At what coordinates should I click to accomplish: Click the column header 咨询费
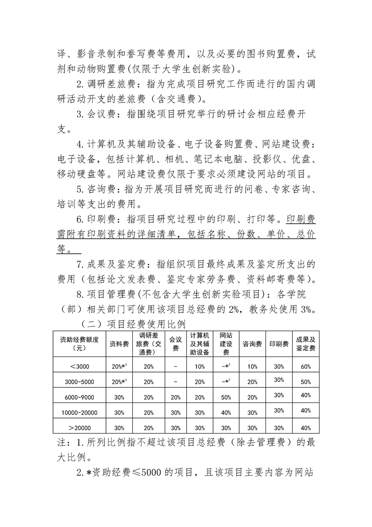coord(252,344)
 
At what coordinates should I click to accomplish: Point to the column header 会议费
coord(175,344)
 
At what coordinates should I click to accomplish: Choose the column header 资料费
coord(119,344)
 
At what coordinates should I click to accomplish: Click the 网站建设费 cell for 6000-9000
coord(226,397)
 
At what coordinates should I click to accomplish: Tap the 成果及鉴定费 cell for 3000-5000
coord(306,381)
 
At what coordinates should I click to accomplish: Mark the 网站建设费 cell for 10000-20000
coord(226,412)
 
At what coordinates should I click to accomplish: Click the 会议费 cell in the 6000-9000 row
coord(175,397)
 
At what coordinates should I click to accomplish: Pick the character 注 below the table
coord(61,442)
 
